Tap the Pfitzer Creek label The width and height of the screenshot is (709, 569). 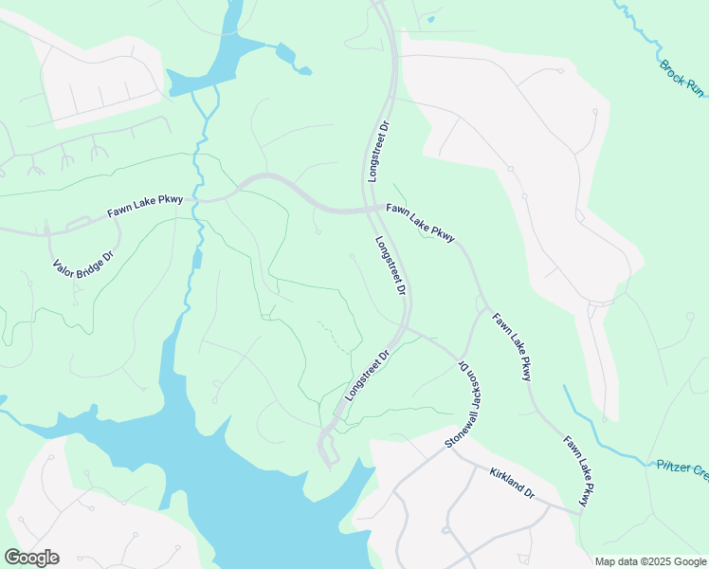(x=682, y=467)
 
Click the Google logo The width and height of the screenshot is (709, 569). (x=31, y=558)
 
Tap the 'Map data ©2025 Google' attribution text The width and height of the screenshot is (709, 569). (x=650, y=561)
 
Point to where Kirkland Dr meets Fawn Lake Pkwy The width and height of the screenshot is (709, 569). (x=581, y=512)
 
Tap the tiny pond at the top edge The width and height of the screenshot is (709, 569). (x=431, y=17)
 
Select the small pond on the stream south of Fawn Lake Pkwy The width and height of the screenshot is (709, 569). (x=197, y=259)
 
